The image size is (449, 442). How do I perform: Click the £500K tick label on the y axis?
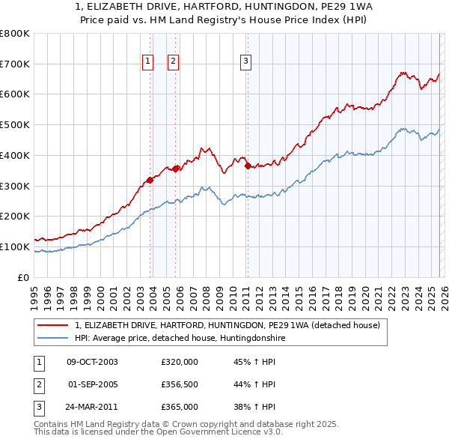15,125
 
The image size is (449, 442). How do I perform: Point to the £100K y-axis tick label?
15,246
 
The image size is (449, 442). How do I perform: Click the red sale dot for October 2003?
150,180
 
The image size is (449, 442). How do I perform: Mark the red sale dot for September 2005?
176,169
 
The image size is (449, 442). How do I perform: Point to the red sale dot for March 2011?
248,166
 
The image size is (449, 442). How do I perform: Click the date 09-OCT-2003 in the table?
92,362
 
